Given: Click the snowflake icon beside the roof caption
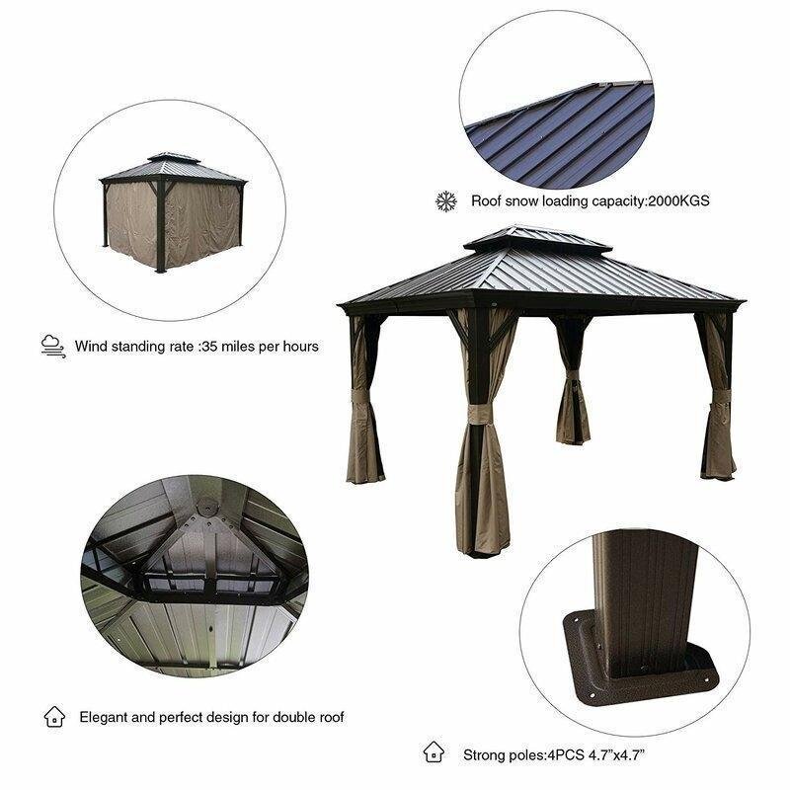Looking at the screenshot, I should click(x=446, y=201).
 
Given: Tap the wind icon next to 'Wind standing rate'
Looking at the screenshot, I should click(x=52, y=347).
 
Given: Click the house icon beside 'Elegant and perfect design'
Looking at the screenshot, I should click(x=53, y=717).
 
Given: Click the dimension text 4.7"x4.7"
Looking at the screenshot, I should click(x=611, y=755).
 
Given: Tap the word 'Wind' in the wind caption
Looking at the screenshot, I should click(x=91, y=348).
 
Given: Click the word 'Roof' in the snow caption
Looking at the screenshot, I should click(x=487, y=201).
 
